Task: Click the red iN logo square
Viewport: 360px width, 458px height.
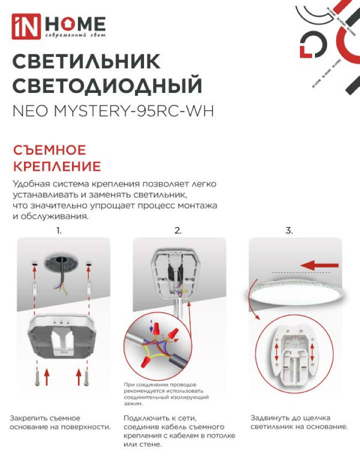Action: pyautogui.click(x=26, y=26)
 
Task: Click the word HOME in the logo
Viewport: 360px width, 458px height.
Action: pyautogui.click(x=75, y=23)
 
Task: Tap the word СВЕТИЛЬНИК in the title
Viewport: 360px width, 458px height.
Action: pyautogui.click(x=86, y=61)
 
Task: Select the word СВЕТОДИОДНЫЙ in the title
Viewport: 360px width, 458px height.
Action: pyautogui.click(x=107, y=85)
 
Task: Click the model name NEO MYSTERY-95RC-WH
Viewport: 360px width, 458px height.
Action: pyautogui.click(x=113, y=111)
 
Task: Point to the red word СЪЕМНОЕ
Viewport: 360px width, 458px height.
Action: pyautogui.click(x=49, y=150)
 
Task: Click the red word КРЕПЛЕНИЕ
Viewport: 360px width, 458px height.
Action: pyautogui.click(x=57, y=166)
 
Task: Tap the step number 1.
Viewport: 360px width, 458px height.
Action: pyautogui.click(x=59, y=231)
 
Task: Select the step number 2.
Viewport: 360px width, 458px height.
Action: pyautogui.click(x=178, y=231)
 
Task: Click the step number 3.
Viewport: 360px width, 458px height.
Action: pyautogui.click(x=289, y=231)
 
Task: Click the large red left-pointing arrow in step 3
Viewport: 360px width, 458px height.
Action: pyautogui.click(x=319, y=266)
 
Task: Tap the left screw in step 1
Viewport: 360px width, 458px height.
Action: pyautogui.click(x=37, y=378)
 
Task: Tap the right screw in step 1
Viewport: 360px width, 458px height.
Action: pyautogui.click(x=86, y=378)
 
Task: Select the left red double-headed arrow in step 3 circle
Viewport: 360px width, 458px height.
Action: pyautogui.click(x=276, y=353)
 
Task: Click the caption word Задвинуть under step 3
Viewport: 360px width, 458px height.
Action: pyautogui.click(x=268, y=418)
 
